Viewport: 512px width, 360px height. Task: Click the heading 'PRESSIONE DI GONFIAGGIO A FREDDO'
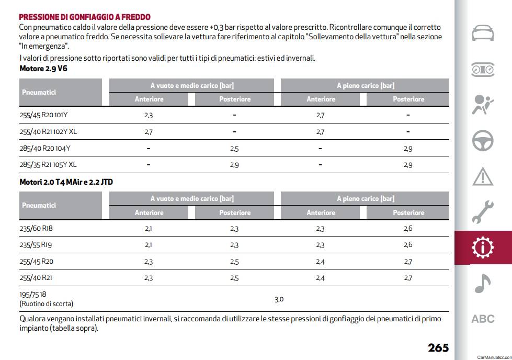(x=85, y=17)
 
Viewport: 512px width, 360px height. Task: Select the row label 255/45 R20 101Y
(x=43, y=115)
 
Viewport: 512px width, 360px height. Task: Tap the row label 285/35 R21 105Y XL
(x=48, y=165)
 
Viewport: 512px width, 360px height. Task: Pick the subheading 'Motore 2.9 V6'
(x=43, y=69)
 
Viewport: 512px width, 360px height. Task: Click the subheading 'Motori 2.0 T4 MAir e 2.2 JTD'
(x=66, y=182)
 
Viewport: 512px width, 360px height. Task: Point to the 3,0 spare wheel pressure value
(x=279, y=299)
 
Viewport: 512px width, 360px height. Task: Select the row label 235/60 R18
(x=36, y=228)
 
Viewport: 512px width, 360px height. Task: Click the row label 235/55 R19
(x=36, y=245)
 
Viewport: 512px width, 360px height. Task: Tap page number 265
(x=438, y=347)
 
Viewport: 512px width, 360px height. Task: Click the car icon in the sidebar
(x=483, y=33)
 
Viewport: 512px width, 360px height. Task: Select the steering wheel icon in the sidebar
(x=483, y=141)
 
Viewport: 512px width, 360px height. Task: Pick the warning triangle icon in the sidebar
(x=483, y=177)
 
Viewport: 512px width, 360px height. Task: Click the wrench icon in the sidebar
(x=483, y=212)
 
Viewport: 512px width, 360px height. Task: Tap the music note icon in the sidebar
(x=482, y=283)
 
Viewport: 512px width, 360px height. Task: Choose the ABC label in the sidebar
(x=483, y=319)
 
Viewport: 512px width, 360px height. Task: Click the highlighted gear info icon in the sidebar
(x=483, y=248)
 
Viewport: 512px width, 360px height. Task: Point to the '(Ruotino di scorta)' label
(x=47, y=304)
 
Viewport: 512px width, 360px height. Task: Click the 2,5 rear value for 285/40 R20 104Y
(x=234, y=149)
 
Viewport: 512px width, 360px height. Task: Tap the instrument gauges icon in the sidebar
(x=483, y=70)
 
